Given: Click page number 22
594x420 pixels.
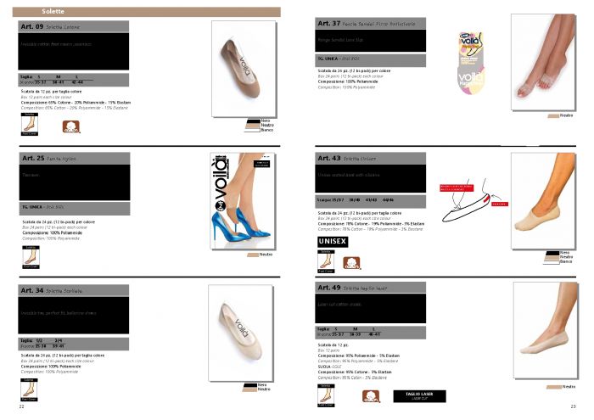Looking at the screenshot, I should coord(21,408).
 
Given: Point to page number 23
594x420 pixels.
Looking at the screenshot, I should coord(574,408).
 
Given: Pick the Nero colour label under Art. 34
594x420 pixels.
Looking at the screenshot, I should coord(251,384).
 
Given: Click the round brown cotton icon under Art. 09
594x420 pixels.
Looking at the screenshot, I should coord(71,128).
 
